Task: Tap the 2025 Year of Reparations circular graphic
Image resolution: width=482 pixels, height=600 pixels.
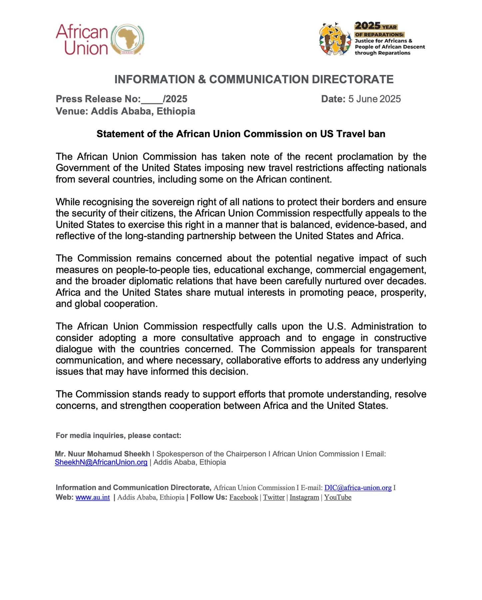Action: click(335, 39)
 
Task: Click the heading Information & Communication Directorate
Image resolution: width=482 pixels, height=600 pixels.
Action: click(254, 79)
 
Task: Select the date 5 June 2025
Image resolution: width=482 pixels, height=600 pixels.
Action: click(374, 99)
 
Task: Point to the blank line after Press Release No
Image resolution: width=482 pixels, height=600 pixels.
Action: click(152, 100)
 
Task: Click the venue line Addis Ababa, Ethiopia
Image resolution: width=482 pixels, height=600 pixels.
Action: click(125, 111)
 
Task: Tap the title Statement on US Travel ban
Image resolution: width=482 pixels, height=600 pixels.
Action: click(241, 134)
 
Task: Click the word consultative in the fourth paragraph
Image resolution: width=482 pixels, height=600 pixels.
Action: click(207, 338)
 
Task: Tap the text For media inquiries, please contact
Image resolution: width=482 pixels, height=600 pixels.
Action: click(118, 436)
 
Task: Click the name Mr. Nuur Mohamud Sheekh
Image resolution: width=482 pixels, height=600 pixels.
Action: click(103, 454)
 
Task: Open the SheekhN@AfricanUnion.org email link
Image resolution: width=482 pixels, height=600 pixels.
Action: click(101, 462)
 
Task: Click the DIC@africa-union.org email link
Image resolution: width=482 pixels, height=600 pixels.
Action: click(358, 488)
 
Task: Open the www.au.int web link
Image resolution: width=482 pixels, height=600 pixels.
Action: click(93, 497)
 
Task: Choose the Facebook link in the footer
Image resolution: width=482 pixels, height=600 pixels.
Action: click(243, 497)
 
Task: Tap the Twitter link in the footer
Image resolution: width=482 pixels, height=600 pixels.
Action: click(274, 497)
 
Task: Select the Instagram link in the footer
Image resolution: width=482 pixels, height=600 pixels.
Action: click(304, 497)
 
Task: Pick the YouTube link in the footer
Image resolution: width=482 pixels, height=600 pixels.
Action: click(338, 497)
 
